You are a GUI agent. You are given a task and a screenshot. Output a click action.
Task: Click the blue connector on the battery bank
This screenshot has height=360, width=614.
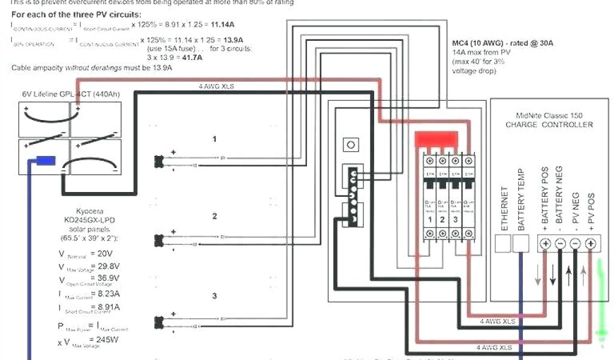tap(46, 160)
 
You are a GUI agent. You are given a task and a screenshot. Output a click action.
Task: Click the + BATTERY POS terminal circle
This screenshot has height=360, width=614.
tap(546, 244)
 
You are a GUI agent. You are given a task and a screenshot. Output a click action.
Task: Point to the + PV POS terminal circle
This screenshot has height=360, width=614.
tap(590, 244)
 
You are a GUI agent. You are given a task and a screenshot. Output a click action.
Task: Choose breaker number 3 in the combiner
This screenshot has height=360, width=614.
tap(457, 220)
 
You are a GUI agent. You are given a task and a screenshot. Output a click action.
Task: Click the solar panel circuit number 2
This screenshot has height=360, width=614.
tap(214, 217)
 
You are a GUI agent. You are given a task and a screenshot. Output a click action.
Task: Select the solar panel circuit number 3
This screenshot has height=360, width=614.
tap(214, 296)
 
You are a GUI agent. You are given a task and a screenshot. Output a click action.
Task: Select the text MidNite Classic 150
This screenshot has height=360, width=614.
tap(549, 115)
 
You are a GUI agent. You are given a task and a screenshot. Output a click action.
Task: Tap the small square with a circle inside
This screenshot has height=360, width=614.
tap(351, 145)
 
